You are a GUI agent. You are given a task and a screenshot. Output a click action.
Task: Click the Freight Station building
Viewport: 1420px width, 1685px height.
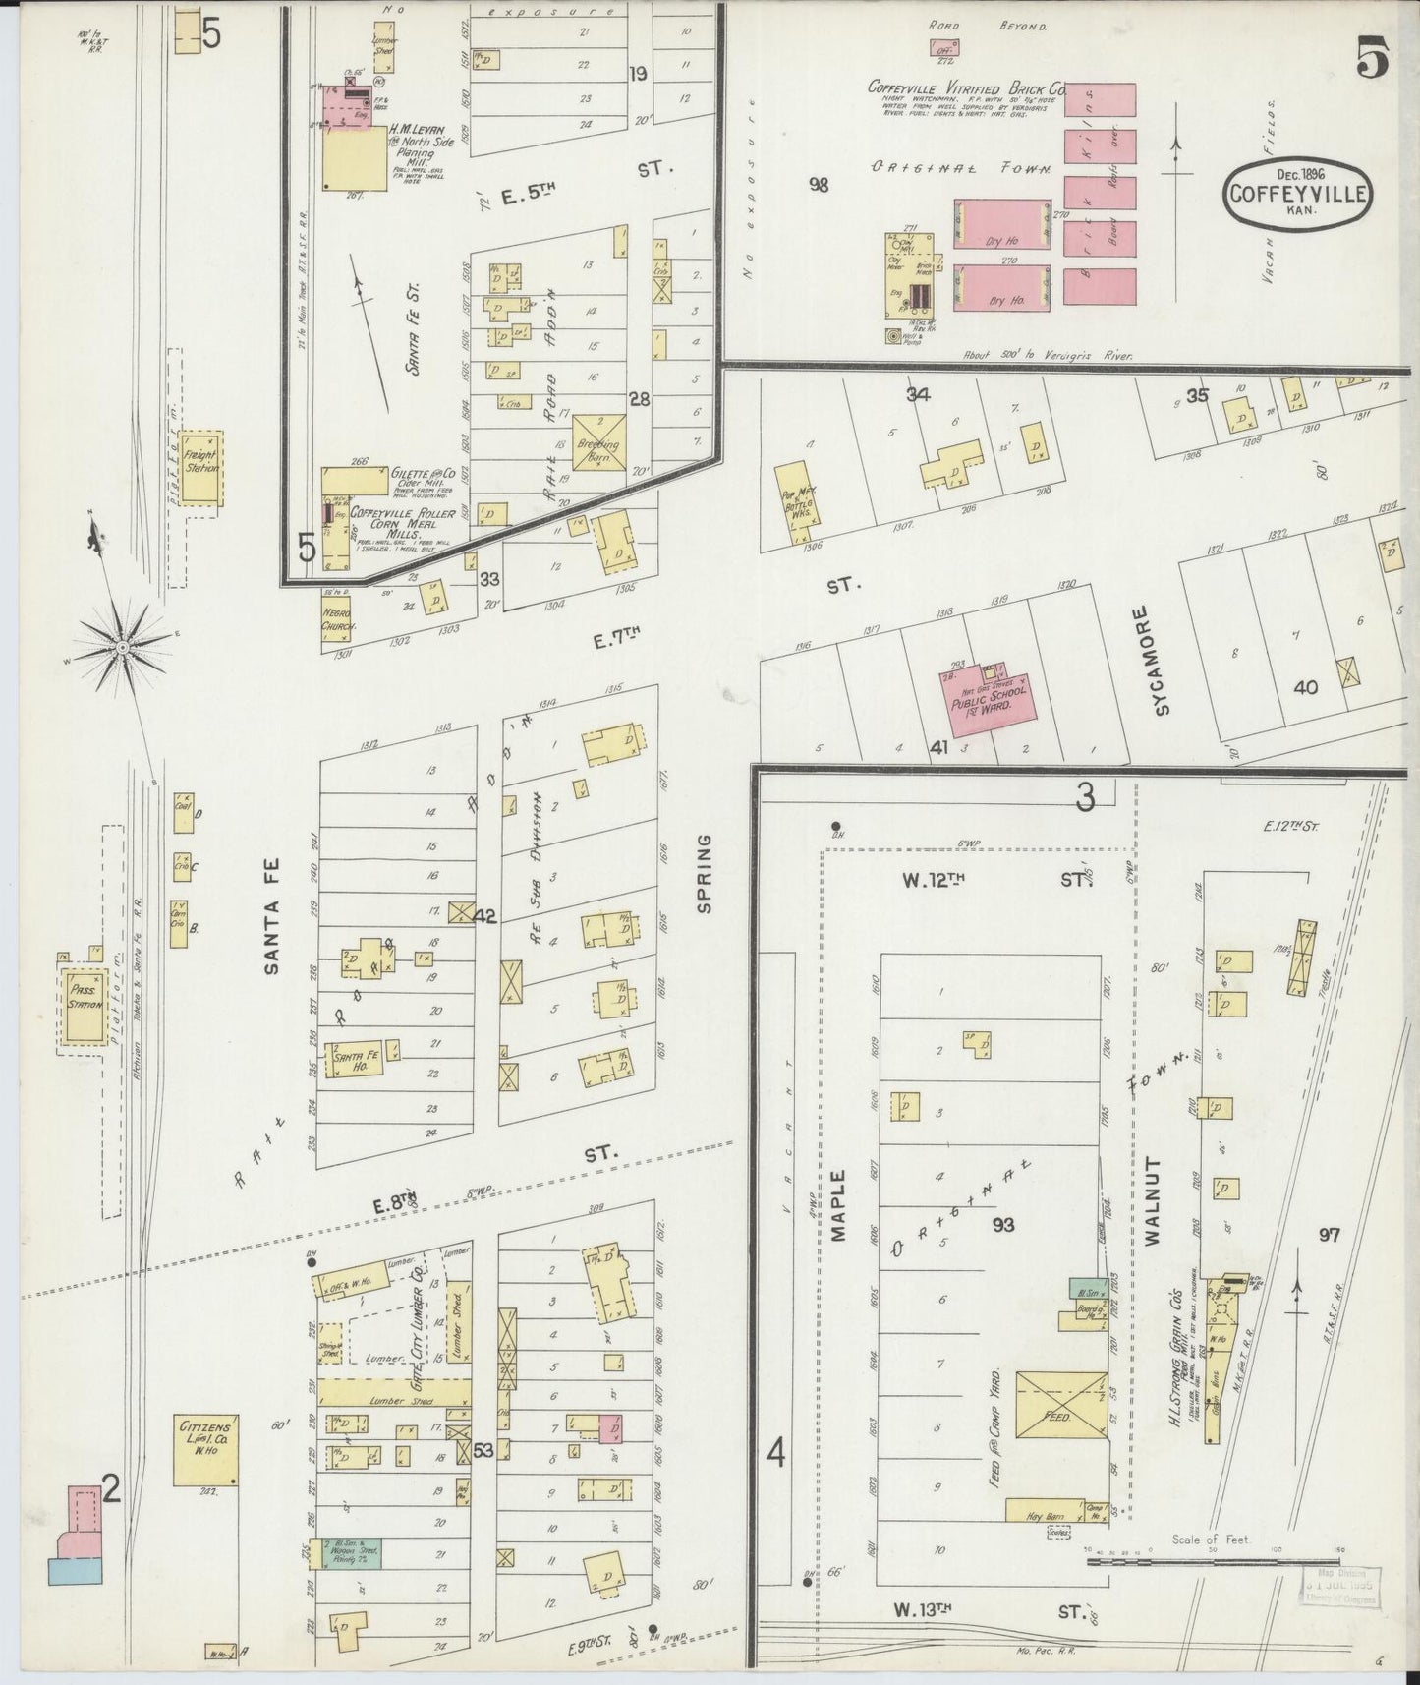point(202,465)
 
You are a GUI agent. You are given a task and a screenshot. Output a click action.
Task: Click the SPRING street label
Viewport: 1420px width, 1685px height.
point(704,874)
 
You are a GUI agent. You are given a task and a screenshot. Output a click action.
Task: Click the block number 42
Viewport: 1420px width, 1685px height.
point(484,915)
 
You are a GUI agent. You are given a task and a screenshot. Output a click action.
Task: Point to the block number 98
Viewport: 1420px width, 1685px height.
point(819,184)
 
